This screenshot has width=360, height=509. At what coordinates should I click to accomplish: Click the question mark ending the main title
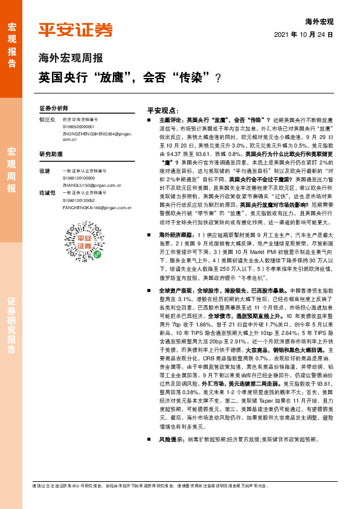tap(217, 78)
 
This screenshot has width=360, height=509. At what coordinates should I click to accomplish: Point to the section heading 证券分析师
tap(53, 108)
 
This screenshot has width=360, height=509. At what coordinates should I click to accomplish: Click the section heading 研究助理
tap(50, 154)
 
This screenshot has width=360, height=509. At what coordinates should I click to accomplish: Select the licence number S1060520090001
tap(79, 127)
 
